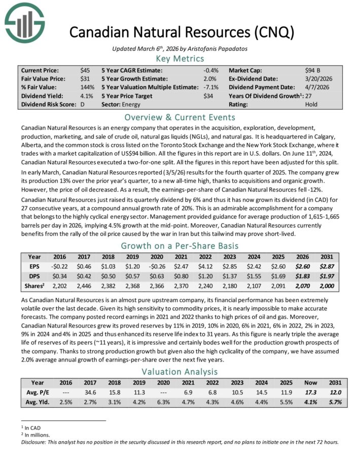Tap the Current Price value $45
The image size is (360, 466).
(x=85, y=70)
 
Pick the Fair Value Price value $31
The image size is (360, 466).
(x=85, y=79)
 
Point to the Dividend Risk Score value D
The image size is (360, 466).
(x=82, y=104)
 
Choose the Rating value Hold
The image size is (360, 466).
(x=311, y=104)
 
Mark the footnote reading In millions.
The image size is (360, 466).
(x=34, y=434)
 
